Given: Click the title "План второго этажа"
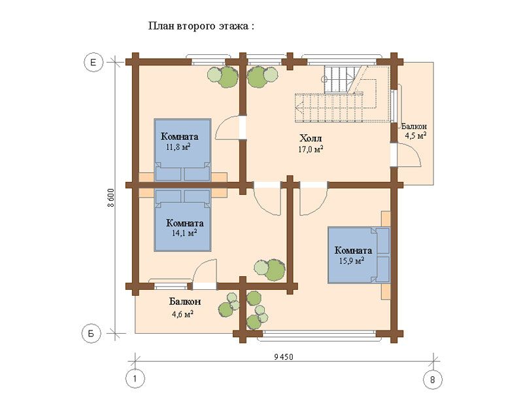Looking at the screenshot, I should click(200, 27).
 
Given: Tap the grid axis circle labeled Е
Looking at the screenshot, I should click(93, 62).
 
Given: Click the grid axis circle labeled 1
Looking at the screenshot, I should click(135, 379).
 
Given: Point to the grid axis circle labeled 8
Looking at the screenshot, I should click(432, 379).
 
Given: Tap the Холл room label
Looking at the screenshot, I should click(311, 139).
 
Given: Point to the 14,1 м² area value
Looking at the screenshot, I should click(182, 232).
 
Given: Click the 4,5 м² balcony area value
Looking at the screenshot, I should click(416, 135).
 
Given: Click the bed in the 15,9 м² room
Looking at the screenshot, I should click(359, 254).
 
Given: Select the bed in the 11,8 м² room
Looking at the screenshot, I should click(182, 150).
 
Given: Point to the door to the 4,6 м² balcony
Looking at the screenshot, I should click(205, 272).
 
